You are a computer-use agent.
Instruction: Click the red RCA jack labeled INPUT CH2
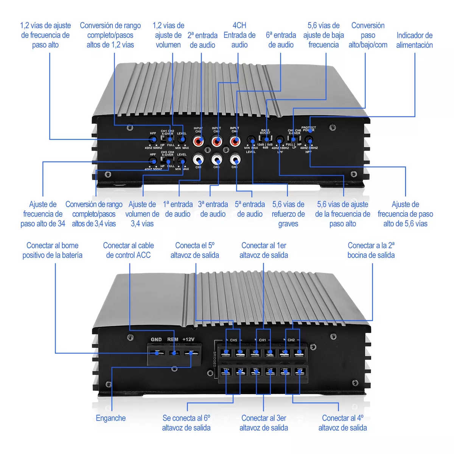click(198, 141)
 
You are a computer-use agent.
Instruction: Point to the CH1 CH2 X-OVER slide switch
click(167, 139)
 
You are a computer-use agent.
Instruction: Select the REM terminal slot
click(174, 353)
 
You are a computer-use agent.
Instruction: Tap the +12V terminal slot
click(191, 353)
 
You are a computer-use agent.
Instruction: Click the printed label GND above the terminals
click(156, 339)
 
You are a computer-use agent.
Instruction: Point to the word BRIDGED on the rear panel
click(214, 359)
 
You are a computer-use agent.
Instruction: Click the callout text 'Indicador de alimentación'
click(414, 40)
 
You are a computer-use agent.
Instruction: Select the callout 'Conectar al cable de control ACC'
click(128, 250)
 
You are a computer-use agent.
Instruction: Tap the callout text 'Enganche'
click(110, 418)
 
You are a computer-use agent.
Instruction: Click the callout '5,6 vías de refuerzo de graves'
click(288, 214)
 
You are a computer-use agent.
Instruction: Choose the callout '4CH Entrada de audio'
click(239, 35)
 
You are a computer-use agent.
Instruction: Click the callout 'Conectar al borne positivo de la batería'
click(52, 250)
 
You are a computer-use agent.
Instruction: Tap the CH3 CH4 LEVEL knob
click(182, 161)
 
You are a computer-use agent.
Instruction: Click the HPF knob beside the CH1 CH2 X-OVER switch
click(153, 140)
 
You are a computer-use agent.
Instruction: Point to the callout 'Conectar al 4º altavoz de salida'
click(342, 423)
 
